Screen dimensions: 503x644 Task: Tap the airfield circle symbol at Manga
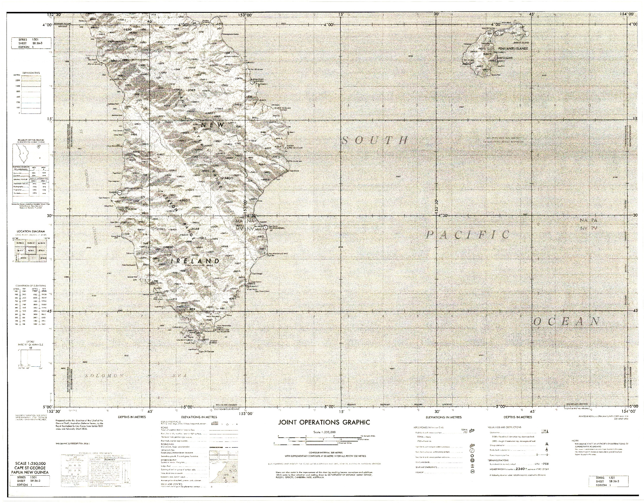[252, 82]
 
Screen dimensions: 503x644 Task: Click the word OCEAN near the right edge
[567, 322]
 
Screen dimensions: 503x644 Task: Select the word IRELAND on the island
[195, 261]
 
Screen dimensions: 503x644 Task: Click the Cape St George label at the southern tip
[206, 352]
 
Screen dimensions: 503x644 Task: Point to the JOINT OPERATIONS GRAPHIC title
[324, 422]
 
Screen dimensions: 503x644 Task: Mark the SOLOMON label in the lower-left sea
[104, 376]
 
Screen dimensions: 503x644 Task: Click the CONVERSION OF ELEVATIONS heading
[30, 286]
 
